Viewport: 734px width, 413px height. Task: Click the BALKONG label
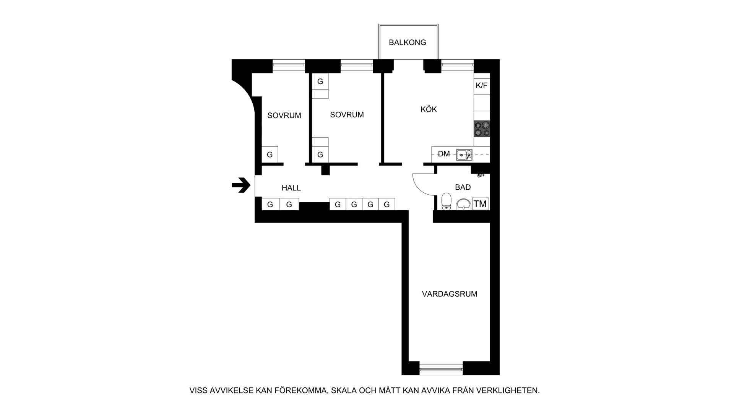tap(408, 42)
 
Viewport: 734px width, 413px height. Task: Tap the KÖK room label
tap(429, 109)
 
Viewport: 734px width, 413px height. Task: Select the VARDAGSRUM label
tap(450, 294)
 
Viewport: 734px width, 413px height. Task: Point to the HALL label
tap(291, 188)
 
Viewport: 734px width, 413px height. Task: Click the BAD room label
tap(463, 187)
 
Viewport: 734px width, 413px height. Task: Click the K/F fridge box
tap(482, 85)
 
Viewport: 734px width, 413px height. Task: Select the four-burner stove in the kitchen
tap(482, 129)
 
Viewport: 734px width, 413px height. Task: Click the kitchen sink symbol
tap(464, 155)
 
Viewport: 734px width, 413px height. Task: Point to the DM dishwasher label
tap(444, 154)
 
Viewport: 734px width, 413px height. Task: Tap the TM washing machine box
tap(480, 204)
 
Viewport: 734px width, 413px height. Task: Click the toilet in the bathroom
tap(447, 202)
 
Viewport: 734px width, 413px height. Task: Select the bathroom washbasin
tap(463, 204)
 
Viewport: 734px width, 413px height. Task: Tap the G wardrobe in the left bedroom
tap(270, 154)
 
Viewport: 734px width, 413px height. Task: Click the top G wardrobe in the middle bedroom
tap(320, 81)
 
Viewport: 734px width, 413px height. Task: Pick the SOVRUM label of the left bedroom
tap(284, 115)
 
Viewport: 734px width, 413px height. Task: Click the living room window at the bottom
tap(441, 369)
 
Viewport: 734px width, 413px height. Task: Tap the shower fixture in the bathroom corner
tap(481, 175)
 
